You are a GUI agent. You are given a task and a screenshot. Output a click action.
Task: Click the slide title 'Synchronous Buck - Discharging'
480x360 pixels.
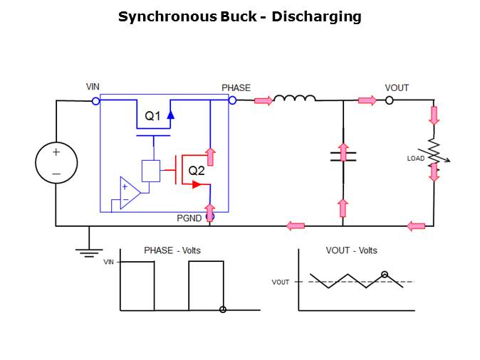239,16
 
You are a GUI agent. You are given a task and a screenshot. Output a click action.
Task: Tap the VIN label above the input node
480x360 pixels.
93,88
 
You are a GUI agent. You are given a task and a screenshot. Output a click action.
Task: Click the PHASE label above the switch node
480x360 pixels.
236,88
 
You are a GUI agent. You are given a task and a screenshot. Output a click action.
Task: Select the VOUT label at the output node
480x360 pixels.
397,88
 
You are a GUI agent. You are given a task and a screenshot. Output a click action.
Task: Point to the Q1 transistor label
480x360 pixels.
153,117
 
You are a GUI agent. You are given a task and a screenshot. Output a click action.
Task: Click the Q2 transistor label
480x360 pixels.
197,171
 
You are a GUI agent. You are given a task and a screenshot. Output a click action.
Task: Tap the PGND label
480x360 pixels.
189,218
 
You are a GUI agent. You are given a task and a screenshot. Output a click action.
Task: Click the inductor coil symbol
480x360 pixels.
294,99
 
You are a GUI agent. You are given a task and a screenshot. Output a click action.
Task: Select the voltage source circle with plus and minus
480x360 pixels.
56,163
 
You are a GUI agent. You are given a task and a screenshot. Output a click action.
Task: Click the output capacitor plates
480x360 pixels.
343,156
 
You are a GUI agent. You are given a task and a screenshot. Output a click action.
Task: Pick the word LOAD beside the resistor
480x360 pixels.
416,158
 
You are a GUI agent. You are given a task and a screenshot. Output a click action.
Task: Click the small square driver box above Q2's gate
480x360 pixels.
151,171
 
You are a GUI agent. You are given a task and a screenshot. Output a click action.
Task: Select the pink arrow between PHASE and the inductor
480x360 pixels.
263,101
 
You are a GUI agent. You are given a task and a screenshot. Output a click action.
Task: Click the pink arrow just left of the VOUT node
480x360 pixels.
367,101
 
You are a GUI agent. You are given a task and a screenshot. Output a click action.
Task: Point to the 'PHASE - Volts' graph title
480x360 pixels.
172,250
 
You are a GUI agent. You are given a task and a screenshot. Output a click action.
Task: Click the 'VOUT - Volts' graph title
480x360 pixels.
351,250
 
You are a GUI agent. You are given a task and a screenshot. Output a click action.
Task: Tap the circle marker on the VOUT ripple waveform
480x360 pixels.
385,275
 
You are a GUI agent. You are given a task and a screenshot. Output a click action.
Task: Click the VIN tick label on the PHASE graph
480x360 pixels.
108,263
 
